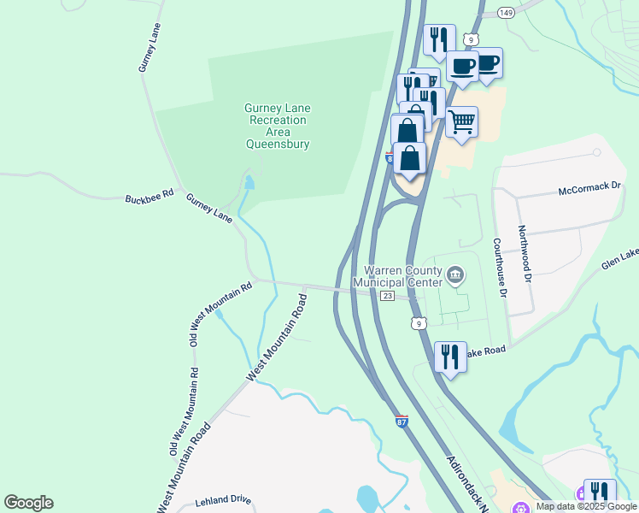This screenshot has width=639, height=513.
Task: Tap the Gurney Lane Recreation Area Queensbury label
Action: point(278,126)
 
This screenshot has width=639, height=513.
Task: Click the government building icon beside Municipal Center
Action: point(456,275)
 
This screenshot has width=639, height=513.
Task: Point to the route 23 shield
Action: point(387,296)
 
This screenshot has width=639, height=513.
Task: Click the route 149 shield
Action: point(506,12)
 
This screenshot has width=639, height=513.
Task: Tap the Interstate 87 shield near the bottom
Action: point(402,421)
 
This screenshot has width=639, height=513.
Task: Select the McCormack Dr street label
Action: point(589,189)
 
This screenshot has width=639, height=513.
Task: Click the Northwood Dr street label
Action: point(524,255)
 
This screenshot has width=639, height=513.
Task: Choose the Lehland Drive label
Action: point(222,498)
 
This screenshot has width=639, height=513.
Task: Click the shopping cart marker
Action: point(461,122)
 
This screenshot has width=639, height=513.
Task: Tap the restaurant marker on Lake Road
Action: point(450,356)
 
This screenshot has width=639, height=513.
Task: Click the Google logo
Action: point(28,503)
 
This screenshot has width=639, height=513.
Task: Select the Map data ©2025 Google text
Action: point(586,506)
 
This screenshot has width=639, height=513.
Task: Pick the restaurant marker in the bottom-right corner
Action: point(600,492)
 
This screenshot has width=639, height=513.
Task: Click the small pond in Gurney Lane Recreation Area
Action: point(249,182)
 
